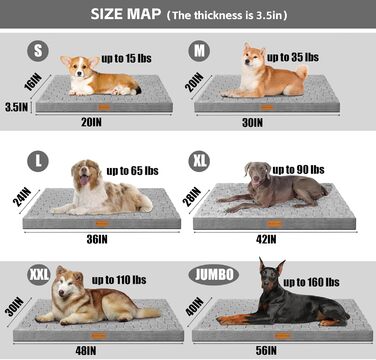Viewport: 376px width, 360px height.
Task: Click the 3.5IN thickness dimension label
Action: tap(15, 105)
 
